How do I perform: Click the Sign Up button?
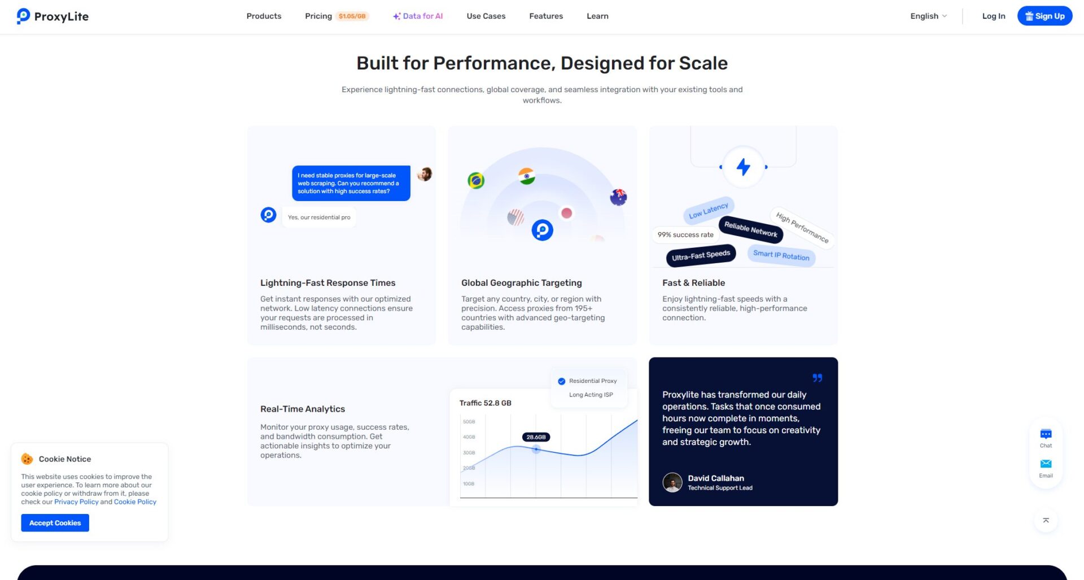[1044, 16]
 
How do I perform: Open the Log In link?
[994, 16]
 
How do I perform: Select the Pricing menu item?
[318, 16]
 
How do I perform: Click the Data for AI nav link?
[418, 16]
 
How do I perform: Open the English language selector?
[928, 16]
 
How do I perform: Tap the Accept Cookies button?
[55, 523]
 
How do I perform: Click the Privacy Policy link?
[76, 501]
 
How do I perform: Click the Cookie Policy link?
[135, 501]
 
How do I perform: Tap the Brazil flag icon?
[476, 181]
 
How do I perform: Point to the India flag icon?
[527, 176]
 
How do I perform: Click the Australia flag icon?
[618, 197]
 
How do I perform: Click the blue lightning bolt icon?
[743, 167]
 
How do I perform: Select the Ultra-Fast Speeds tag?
[701, 255]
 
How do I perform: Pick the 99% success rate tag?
[685, 235]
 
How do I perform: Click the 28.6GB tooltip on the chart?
[536, 437]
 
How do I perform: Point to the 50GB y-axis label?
[469, 422]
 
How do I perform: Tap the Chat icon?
[1046, 434]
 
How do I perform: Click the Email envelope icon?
[1046, 464]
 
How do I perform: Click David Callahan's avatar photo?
[672, 482]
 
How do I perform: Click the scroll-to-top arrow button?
[1046, 521]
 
